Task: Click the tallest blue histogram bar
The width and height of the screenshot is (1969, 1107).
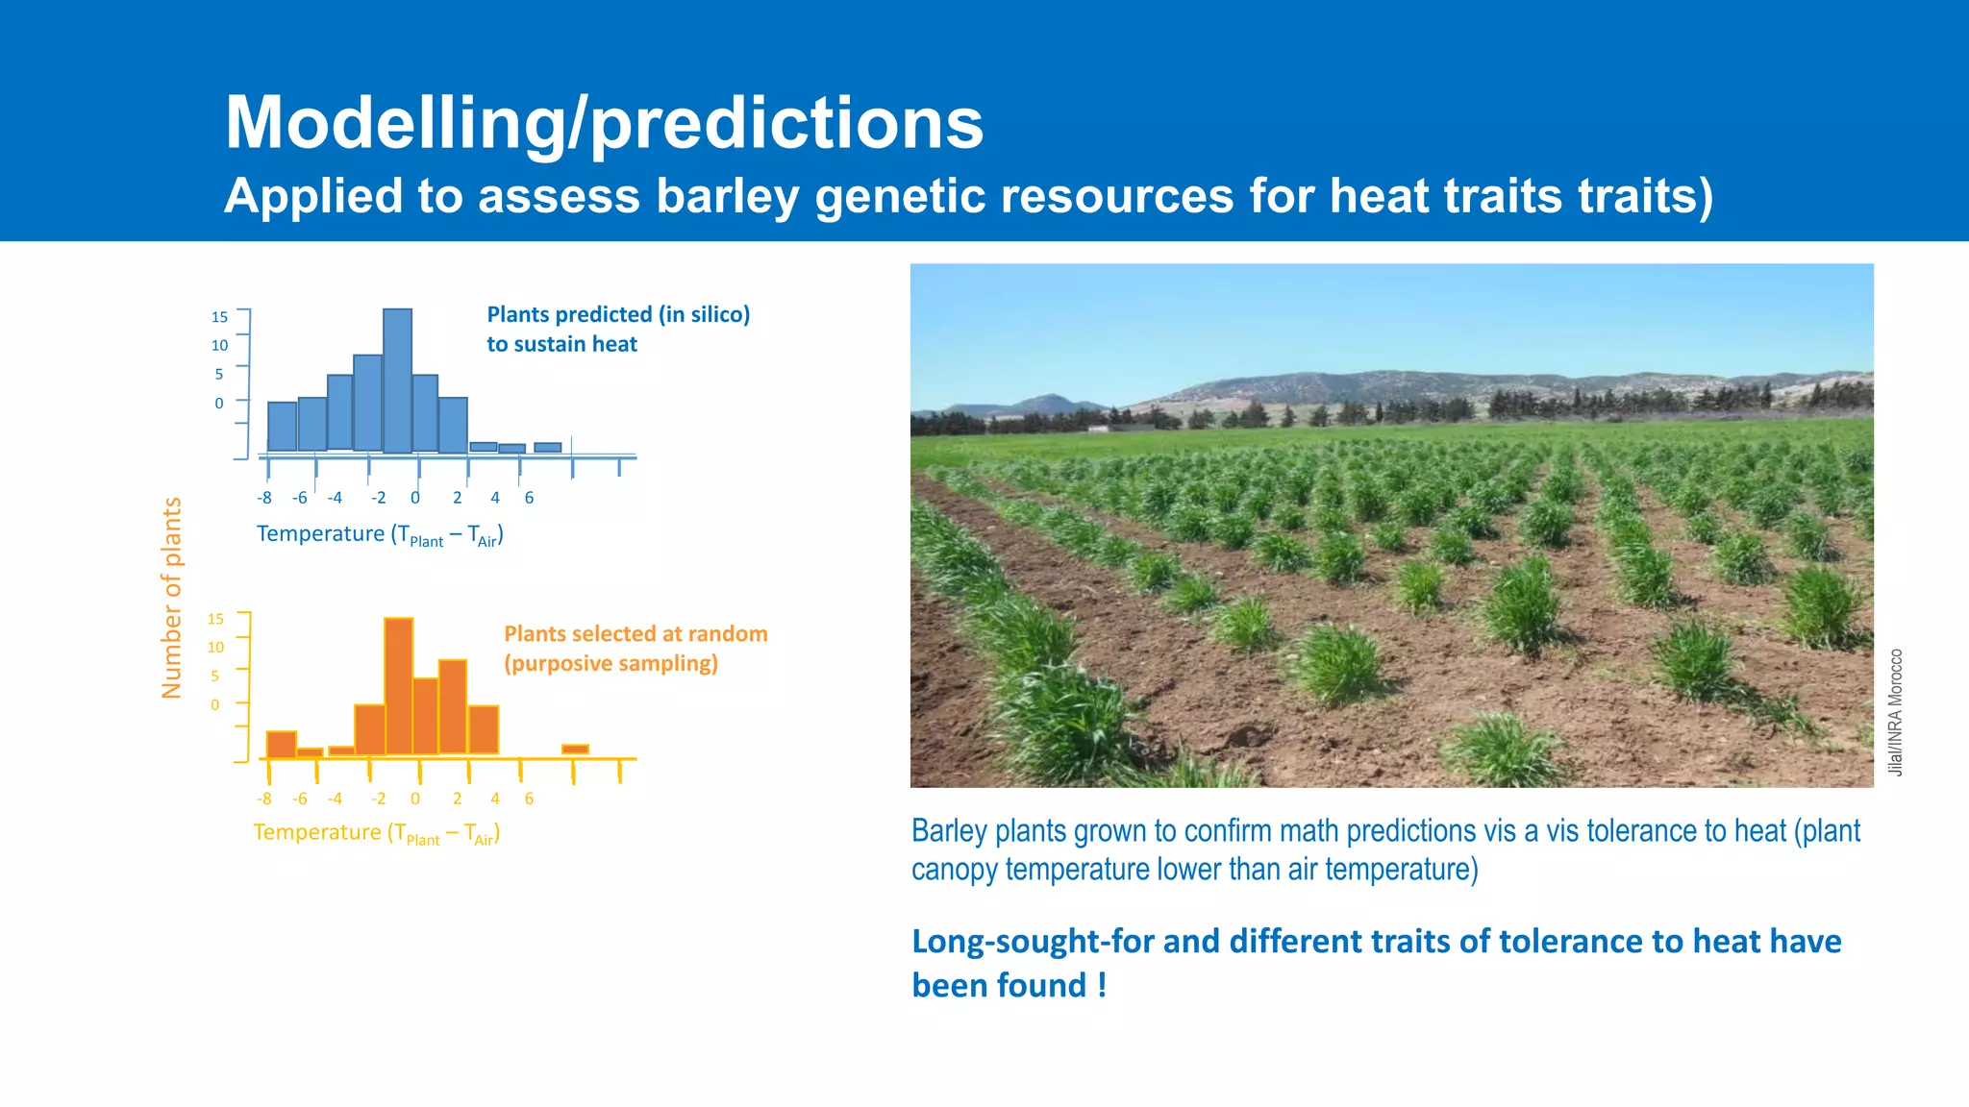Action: pyautogui.click(x=397, y=381)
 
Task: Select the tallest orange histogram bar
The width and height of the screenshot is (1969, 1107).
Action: pyautogui.click(x=398, y=686)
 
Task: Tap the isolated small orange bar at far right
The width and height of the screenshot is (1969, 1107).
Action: pyautogui.click(x=575, y=749)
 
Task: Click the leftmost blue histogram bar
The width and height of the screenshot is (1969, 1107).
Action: pyautogui.click(x=282, y=426)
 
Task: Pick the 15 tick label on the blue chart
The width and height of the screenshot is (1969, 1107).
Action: pyautogui.click(x=219, y=317)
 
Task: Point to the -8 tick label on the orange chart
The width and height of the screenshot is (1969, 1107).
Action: pyautogui.click(x=264, y=799)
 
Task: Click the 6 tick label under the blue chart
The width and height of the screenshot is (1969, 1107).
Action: pyautogui.click(x=529, y=498)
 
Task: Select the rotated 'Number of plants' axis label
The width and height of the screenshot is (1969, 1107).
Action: pyautogui.click(x=171, y=598)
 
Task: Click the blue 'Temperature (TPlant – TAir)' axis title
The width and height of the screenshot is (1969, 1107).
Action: pyautogui.click(x=380, y=534)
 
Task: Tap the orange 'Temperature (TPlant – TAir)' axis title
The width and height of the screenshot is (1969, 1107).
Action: pyautogui.click(x=376, y=833)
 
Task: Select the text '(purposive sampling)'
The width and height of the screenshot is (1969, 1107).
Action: pyautogui.click(x=611, y=663)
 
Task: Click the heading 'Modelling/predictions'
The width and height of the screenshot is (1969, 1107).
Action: pyautogui.click(x=604, y=123)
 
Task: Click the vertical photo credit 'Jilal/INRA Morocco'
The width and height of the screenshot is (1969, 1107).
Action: pyautogui.click(x=1895, y=712)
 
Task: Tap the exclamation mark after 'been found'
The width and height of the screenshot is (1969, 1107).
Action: pyautogui.click(x=1102, y=985)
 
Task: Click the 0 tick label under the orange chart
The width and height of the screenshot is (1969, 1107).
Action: pyautogui.click(x=415, y=799)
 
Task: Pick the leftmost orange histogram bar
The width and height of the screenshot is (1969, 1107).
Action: pyautogui.click(x=281, y=745)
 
